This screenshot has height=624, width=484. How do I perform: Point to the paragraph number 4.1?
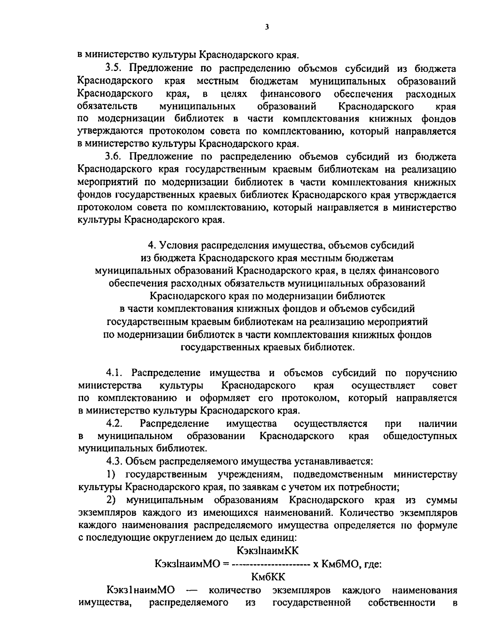click(115, 372)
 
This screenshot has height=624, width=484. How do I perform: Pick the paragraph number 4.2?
click(115, 423)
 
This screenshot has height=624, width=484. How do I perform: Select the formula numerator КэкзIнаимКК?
click(268, 551)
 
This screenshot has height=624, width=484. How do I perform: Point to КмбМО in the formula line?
click(340, 564)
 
